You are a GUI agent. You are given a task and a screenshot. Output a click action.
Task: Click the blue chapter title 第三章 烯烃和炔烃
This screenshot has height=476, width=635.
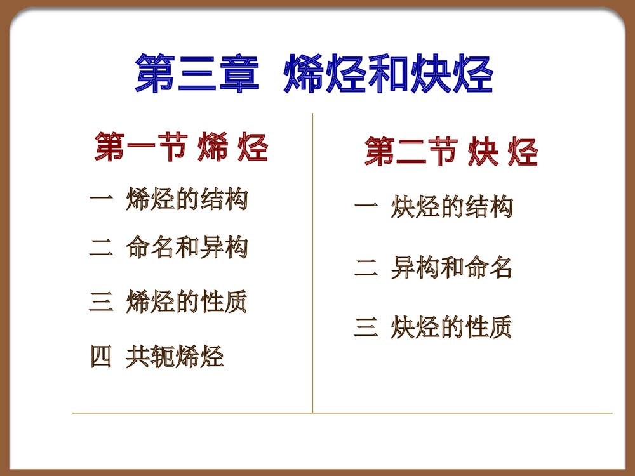314,75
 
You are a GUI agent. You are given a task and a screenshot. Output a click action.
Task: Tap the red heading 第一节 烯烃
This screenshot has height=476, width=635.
181,148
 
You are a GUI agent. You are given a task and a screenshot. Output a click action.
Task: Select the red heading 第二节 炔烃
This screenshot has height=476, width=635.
451,153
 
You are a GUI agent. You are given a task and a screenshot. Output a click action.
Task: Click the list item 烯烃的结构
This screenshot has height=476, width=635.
187,199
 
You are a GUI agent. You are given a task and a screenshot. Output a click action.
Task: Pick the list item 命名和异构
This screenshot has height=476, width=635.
187,248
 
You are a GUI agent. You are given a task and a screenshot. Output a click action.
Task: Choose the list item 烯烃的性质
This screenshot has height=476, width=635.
187,301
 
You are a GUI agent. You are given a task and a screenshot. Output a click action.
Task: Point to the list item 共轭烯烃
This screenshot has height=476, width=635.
175,357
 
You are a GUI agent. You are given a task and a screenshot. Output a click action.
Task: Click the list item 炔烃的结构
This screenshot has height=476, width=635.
451,207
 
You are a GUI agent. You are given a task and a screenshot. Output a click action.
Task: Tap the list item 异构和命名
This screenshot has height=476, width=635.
451,268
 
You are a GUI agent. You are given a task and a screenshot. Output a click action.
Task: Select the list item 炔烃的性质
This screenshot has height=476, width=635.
451,327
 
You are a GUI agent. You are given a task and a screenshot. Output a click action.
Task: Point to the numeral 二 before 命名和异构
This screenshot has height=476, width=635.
100,248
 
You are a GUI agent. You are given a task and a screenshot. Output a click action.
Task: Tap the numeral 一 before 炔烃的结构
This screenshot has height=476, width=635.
365,206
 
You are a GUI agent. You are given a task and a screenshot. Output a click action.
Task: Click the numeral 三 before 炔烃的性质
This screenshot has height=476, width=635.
365,328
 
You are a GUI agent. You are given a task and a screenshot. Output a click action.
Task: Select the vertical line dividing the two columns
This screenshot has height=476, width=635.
312,267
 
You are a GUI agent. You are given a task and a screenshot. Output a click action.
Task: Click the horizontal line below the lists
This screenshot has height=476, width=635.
343,413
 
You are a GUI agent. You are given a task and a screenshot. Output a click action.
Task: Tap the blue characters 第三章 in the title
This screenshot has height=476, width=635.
197,75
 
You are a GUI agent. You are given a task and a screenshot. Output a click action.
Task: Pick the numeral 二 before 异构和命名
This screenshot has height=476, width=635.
365,268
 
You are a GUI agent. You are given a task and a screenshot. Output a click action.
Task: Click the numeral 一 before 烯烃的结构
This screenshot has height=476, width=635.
100,199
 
